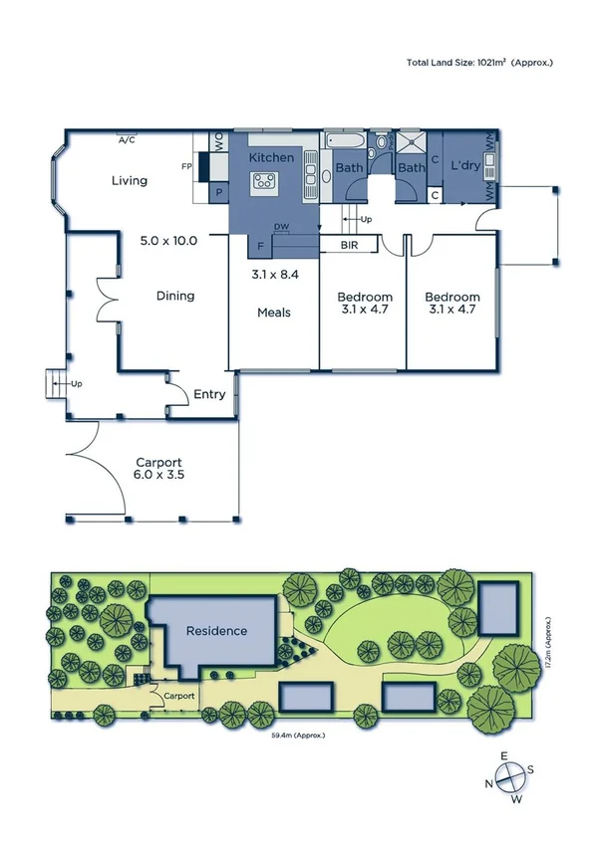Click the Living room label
tap(130, 180)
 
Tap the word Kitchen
tap(271, 158)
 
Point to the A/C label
tap(127, 141)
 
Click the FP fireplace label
tap(186, 166)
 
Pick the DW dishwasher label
tap(282, 227)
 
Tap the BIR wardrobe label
tap(349, 244)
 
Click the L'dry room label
tap(466, 165)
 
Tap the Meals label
tap(274, 313)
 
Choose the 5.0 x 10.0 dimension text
tap(168, 240)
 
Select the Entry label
tap(209, 395)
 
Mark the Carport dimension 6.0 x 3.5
tap(158, 476)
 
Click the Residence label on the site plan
tap(216, 631)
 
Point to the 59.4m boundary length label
tap(298, 735)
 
